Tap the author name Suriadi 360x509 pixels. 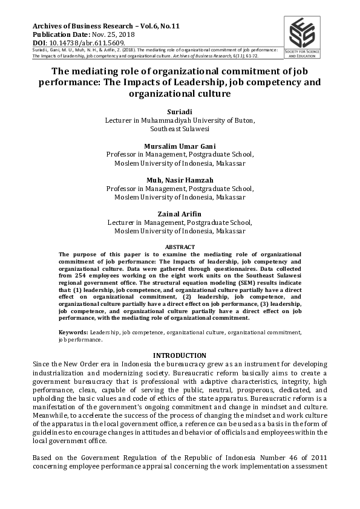coord(180,112)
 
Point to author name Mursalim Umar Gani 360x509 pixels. coord(180,146)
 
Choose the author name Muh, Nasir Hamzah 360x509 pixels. coord(180,180)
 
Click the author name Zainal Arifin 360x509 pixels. coord(180,213)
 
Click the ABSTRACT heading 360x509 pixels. coord(180,247)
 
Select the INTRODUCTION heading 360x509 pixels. coord(180,355)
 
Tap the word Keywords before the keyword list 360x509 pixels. coord(73,332)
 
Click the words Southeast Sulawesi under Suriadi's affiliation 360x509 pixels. coord(180,129)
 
